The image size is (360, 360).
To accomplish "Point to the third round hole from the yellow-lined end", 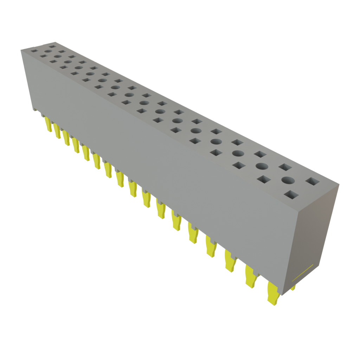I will click(x=238, y=153).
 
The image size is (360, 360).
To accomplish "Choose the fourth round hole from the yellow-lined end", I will click(x=216, y=142).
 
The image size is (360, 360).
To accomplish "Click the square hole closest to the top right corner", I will click(x=312, y=181).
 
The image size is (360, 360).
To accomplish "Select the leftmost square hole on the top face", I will click(x=34, y=50).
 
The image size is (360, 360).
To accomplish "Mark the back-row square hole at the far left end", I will click(x=52, y=46).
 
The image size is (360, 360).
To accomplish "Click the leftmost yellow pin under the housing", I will click(x=48, y=125).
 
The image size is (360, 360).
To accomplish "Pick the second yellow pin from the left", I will click(x=57, y=131).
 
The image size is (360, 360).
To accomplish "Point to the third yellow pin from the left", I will click(x=66, y=138).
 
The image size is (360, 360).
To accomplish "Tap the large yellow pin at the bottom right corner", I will click(x=273, y=293).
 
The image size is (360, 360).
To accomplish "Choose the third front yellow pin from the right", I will click(x=230, y=262).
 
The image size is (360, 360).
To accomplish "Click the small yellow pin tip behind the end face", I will click(x=293, y=288).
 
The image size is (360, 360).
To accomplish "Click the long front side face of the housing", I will click(x=158, y=158).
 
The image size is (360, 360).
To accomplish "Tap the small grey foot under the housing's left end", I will click(x=35, y=110).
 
